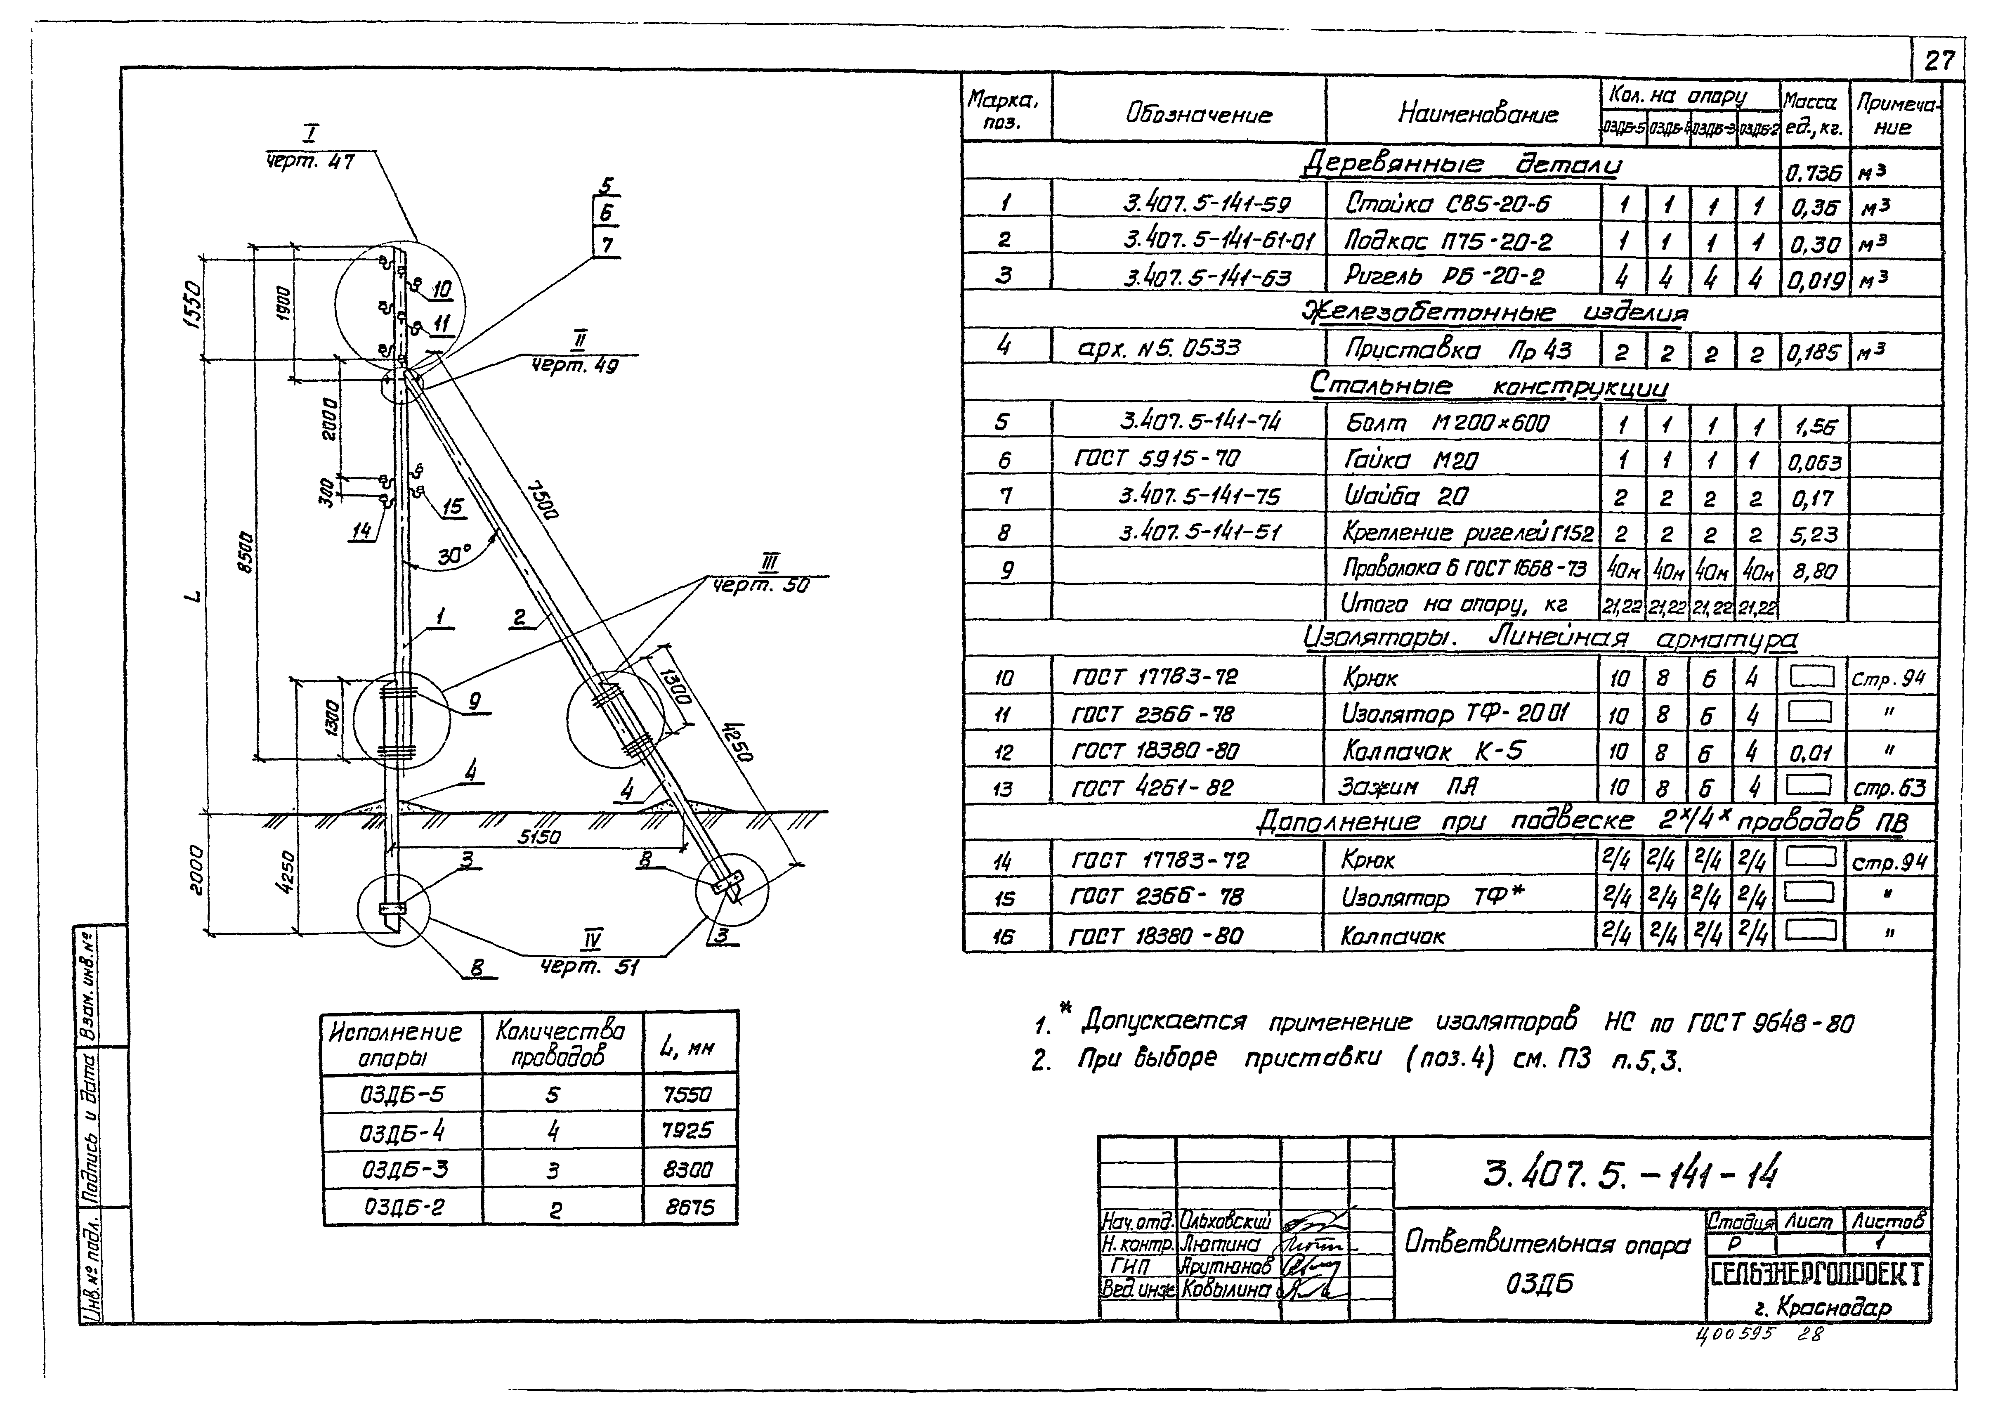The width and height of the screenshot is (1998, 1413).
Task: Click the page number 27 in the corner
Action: (x=1939, y=61)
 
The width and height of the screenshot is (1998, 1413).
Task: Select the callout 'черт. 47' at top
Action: (x=310, y=162)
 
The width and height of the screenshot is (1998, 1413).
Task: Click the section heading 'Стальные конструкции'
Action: (x=1488, y=385)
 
